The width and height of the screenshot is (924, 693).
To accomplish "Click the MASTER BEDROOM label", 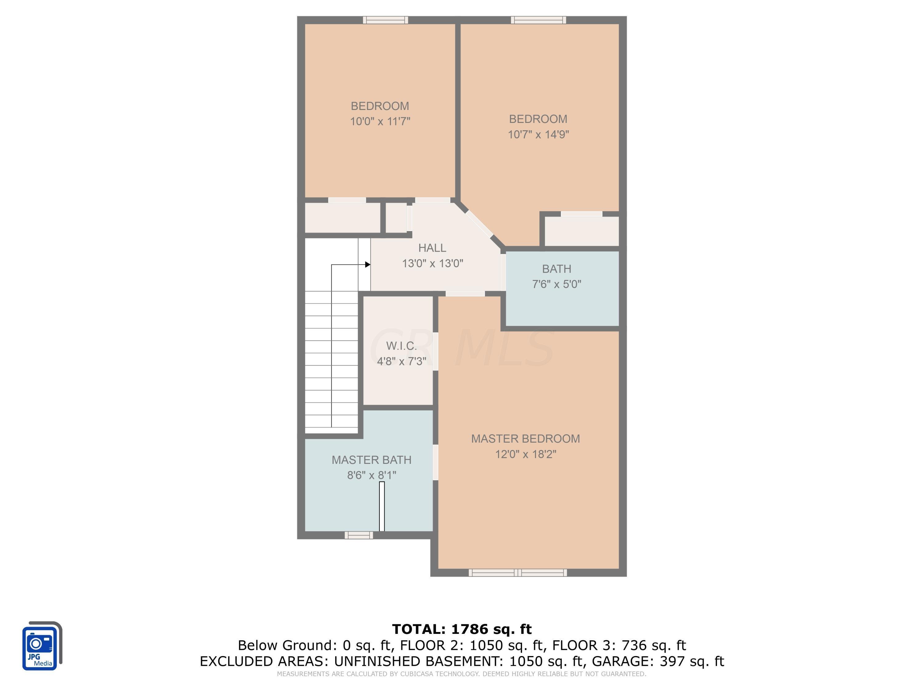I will [x=525, y=439].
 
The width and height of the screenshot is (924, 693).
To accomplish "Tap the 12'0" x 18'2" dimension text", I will [x=525, y=454].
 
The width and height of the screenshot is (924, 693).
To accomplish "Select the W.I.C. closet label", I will [x=401, y=346].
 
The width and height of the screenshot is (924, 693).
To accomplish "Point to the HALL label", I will [x=432, y=248].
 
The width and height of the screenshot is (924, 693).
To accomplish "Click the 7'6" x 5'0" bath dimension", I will [x=557, y=284].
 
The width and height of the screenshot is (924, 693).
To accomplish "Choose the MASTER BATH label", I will [x=371, y=460].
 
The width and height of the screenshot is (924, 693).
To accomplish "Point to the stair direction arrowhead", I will [x=367, y=264].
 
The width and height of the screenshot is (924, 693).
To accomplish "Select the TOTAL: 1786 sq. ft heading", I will [x=462, y=629].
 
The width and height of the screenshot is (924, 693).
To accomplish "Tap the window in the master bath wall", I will [x=359, y=535].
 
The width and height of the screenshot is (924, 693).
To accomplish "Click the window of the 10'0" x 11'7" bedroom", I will [x=385, y=20].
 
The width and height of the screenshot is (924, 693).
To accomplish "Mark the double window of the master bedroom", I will [x=517, y=573].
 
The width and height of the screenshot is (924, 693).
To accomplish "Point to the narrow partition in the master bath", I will [x=381, y=506].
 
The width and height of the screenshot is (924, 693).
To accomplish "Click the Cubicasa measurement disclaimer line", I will [x=462, y=674].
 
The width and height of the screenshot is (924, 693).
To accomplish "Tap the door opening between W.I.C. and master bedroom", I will [x=435, y=351].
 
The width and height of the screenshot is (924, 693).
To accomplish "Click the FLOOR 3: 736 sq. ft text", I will [x=619, y=645].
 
